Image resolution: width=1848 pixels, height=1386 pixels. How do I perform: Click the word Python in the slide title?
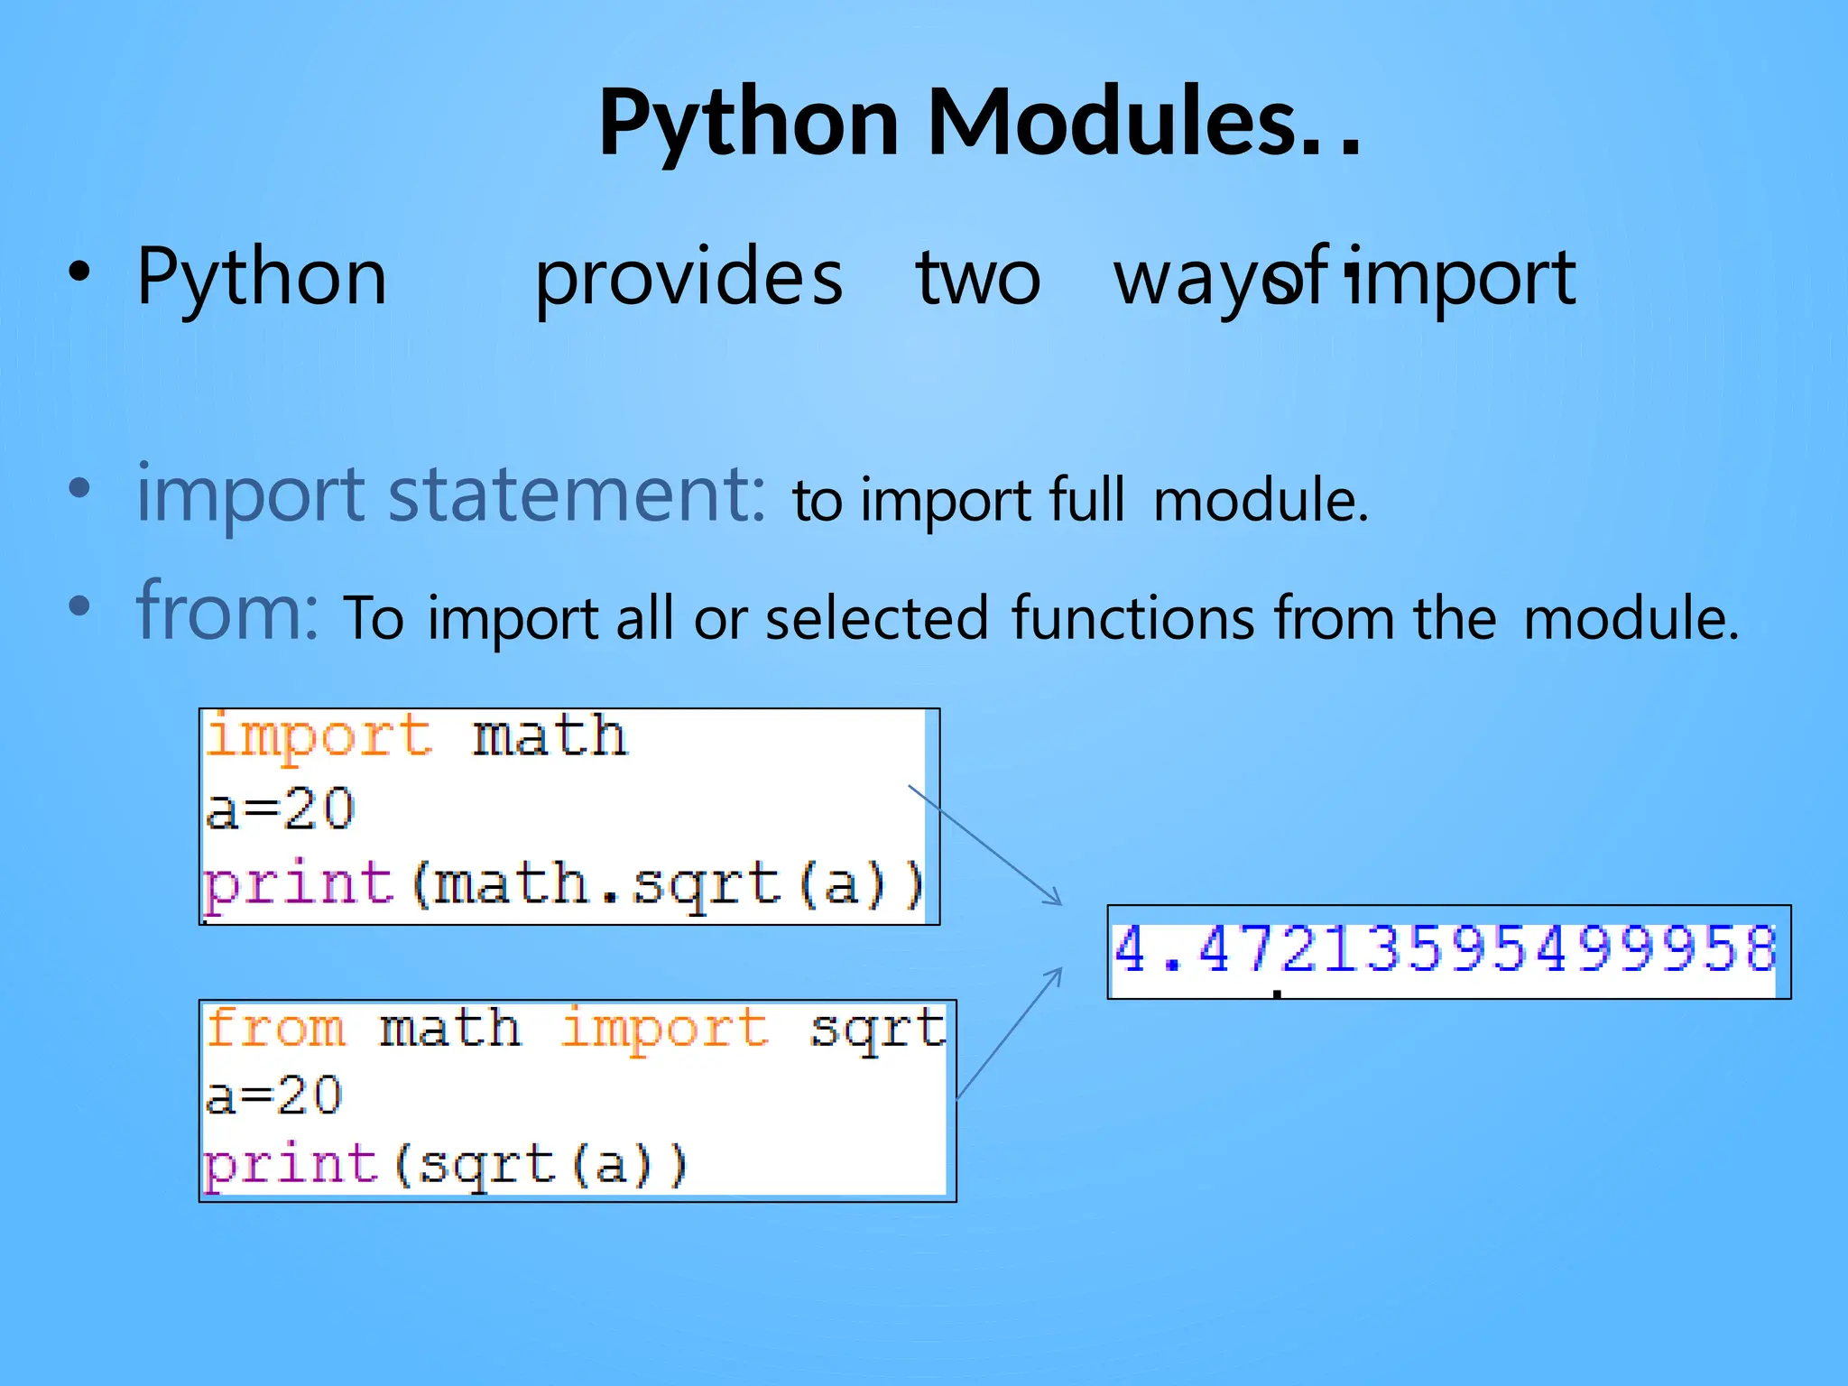point(748,125)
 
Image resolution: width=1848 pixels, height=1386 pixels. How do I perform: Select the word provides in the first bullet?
point(688,278)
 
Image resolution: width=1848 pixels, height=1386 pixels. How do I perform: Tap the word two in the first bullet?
point(978,278)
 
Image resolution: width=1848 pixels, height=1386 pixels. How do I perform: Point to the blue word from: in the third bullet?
point(226,611)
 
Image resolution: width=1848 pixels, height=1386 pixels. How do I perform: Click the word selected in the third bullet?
point(877,619)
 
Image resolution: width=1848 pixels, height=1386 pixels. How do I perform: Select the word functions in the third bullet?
point(1132,618)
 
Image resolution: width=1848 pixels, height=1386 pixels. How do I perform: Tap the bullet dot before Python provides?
point(80,273)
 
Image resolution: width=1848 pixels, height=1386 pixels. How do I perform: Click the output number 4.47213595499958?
point(1445,950)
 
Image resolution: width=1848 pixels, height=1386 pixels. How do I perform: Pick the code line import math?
point(416,736)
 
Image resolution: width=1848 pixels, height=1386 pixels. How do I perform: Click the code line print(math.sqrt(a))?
point(564,883)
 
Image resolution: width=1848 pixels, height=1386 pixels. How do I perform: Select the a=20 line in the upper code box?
point(280,808)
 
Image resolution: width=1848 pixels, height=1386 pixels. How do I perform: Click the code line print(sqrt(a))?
point(445,1164)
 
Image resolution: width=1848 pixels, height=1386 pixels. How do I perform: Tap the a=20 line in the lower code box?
point(274,1096)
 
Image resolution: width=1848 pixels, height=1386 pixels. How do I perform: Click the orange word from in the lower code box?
point(275,1029)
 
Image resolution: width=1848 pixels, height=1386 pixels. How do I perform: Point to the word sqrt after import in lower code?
point(877,1029)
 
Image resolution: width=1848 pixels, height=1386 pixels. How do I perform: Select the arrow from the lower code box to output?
point(1010,1032)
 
